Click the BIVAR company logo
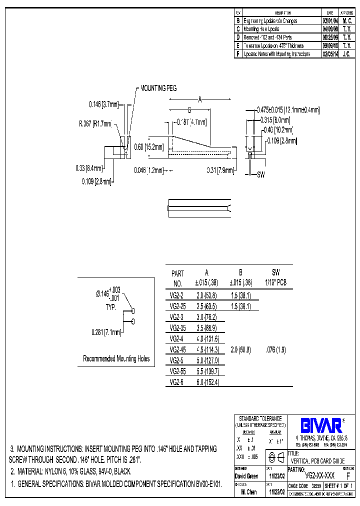point(320,425)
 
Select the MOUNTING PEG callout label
point(158,88)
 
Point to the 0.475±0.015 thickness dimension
point(287,109)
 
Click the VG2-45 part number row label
point(178,349)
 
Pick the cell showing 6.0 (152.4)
point(206,382)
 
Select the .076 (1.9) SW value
point(275,349)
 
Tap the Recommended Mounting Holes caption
point(116,358)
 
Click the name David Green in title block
point(246,476)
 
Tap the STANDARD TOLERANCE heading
point(260,418)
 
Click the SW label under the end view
point(260,175)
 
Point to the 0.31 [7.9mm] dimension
point(220,170)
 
